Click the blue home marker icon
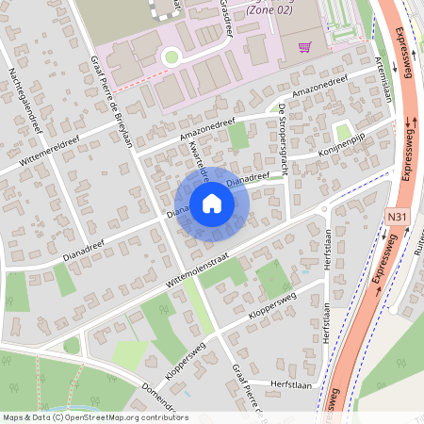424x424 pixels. tap(212, 203)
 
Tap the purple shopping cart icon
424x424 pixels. tap(304, 46)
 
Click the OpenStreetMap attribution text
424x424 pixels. tap(95, 417)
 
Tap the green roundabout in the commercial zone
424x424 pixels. tap(171, 57)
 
